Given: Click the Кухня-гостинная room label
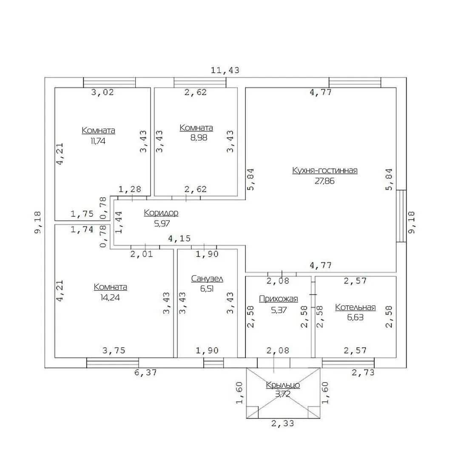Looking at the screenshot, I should (x=325, y=170).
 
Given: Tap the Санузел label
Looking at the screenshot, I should (x=207, y=279).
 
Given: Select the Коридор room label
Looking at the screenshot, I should (x=161, y=212).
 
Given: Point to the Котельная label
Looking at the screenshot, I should (x=355, y=307).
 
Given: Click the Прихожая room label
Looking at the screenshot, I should (x=278, y=298).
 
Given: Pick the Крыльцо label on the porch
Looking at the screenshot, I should (x=283, y=385).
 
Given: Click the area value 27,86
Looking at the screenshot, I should (x=325, y=181).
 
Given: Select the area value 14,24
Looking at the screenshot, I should (x=110, y=297).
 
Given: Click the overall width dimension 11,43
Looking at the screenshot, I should (x=225, y=70).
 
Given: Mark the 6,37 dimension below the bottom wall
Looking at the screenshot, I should (x=145, y=372).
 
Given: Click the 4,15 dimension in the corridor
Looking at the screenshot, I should (x=179, y=239).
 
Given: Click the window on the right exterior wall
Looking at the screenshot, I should (x=401, y=216).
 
